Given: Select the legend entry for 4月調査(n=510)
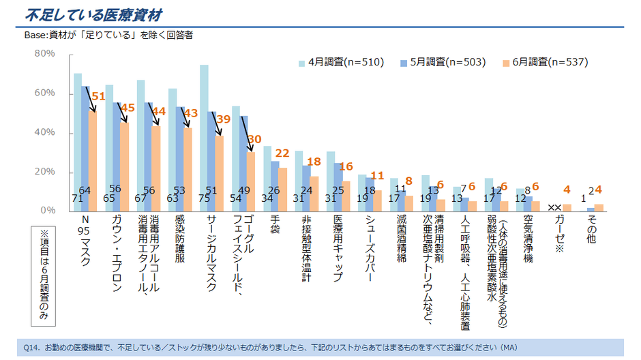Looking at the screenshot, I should (341, 62).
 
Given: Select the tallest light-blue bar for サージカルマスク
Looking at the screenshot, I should (204, 136).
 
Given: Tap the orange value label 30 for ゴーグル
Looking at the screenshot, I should (254, 138).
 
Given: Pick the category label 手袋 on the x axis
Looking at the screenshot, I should (275, 226).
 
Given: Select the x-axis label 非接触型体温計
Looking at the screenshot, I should (307, 250).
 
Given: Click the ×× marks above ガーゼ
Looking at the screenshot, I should (554, 208).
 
